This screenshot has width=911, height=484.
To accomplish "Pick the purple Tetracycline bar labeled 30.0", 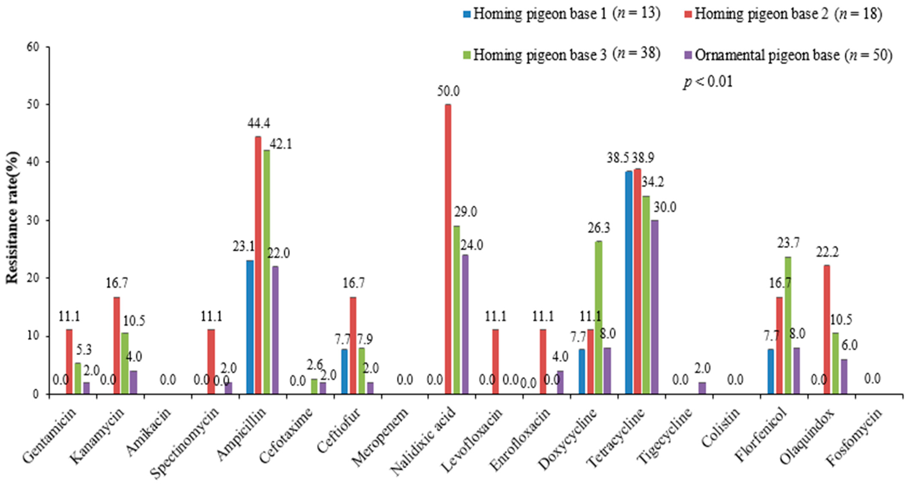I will [x=655, y=307].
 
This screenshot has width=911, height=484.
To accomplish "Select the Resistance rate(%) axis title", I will [x=12, y=217].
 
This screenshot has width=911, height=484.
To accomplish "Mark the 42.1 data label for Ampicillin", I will [x=281, y=144].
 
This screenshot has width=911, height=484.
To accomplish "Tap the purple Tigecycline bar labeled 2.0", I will [x=702, y=388].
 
